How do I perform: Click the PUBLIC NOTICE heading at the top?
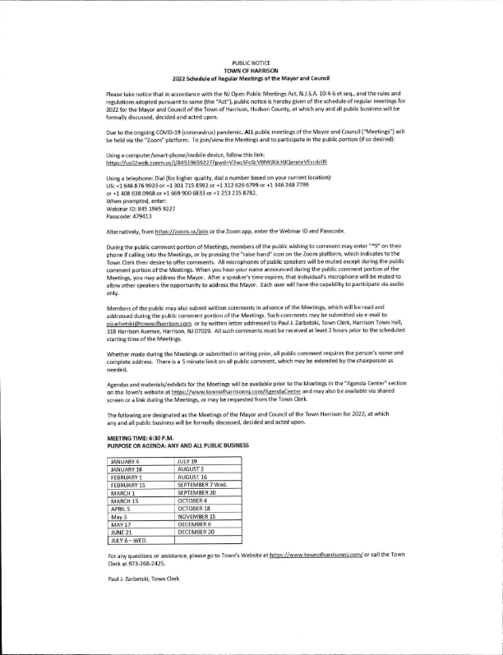point(251,62)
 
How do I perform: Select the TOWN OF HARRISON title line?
point(251,71)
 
